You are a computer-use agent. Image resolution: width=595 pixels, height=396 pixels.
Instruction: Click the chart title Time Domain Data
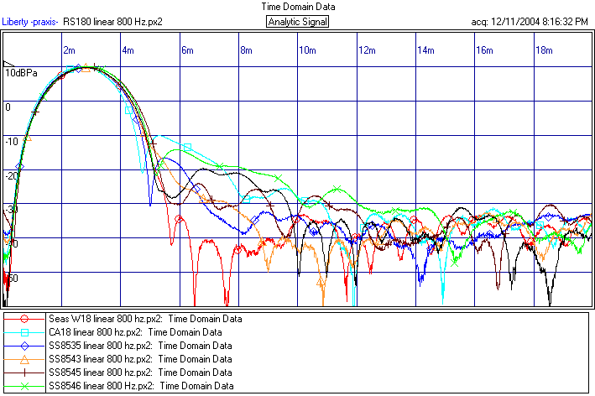click(297, 6)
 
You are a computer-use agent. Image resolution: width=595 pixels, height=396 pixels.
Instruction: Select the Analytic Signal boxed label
click(298, 21)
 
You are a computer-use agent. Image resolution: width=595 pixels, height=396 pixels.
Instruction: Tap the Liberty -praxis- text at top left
click(30, 21)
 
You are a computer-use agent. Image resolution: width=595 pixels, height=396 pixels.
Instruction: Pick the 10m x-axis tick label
click(307, 50)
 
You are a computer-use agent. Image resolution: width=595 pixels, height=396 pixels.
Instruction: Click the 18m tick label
click(544, 50)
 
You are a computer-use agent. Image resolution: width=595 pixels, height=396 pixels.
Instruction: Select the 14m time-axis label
click(426, 50)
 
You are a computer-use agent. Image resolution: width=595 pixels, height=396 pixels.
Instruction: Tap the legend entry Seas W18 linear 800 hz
click(145, 319)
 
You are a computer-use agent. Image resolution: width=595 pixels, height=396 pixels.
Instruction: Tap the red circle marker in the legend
click(25, 319)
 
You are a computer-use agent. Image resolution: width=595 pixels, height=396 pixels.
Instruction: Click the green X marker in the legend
click(25, 385)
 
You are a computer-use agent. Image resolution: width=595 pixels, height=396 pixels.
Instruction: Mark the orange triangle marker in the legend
click(25, 359)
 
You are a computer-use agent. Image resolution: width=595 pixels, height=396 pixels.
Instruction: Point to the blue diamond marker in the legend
click(25, 346)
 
